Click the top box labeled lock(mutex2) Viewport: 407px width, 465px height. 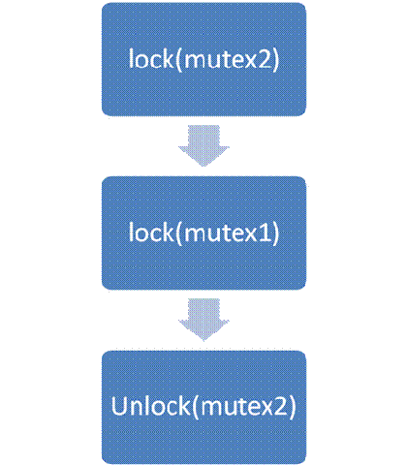click(203, 59)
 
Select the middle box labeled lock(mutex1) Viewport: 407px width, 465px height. click(203, 232)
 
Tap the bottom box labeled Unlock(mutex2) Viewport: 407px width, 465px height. click(203, 407)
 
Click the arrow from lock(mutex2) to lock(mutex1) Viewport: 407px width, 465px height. click(203, 146)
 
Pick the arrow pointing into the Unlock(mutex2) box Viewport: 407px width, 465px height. click(203, 320)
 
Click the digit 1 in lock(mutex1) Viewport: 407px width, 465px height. click(265, 232)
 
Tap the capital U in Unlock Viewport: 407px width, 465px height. click(118, 406)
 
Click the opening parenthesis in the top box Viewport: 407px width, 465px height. click(179, 60)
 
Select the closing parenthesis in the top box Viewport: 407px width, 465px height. click(275, 60)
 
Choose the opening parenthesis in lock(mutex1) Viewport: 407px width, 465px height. click(179, 233)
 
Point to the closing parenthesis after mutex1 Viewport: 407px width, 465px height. click(275, 233)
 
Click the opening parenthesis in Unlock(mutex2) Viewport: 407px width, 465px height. click(196, 407)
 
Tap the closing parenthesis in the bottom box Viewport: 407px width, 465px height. click(292, 407)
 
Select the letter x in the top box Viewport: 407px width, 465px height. click(250, 62)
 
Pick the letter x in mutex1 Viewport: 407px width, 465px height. click(250, 234)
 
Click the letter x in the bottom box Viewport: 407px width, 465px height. click(266, 409)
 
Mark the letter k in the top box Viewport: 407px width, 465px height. click(169, 58)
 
